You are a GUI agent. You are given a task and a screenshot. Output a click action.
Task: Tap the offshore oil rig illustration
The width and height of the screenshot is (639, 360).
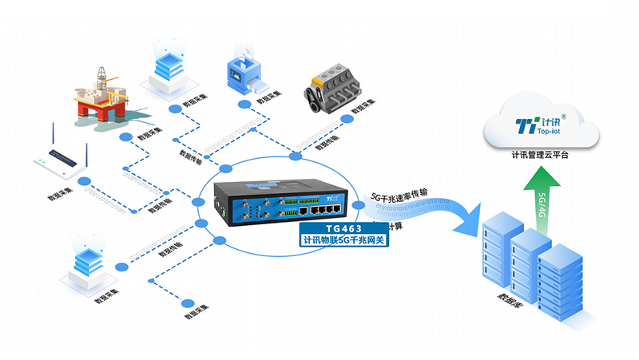coord(101,97)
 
